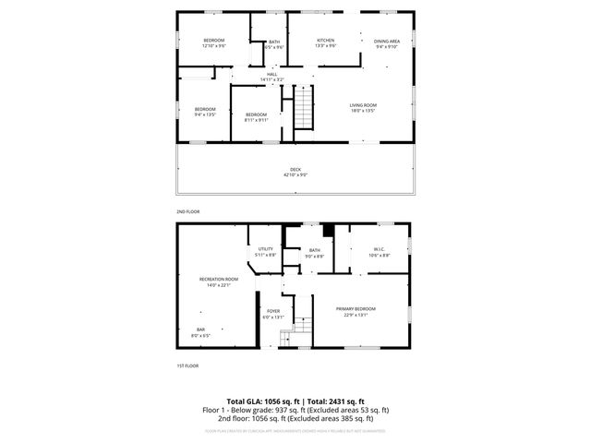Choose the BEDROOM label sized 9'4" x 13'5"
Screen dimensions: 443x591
205,112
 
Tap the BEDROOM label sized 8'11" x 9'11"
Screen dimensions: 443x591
256,116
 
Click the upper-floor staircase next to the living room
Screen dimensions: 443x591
305,109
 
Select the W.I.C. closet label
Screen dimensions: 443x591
379,251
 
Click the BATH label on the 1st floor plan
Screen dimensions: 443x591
314,252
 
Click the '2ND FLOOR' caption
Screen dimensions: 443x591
187,211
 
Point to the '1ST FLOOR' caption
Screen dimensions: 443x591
187,366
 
